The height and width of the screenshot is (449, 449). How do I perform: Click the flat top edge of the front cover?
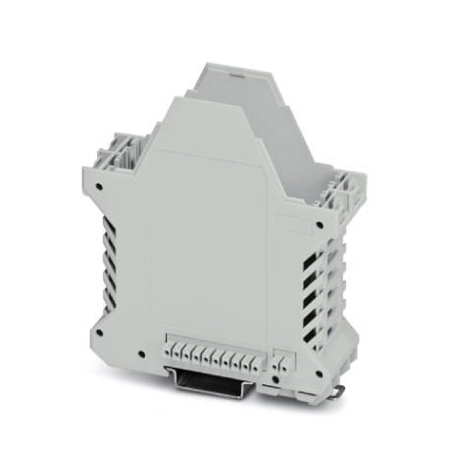coord(202,99)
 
